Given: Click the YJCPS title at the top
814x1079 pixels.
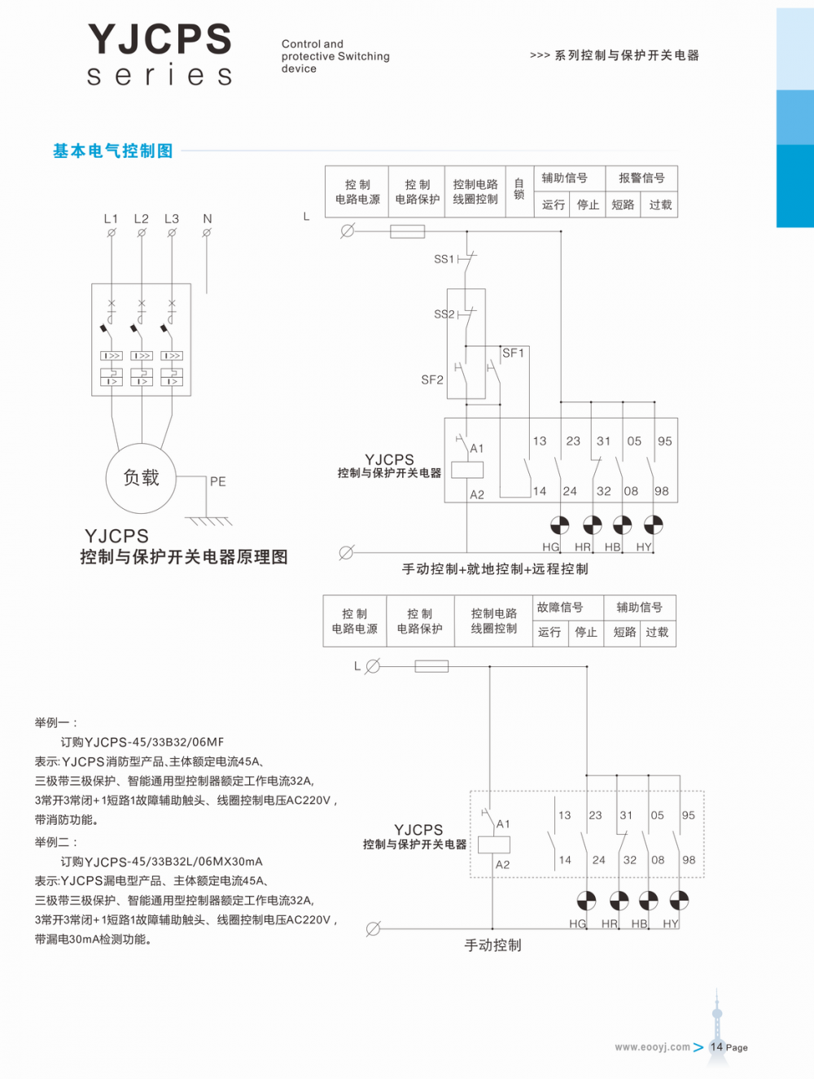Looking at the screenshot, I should [160, 39].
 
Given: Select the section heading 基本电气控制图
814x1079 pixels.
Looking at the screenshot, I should [112, 151].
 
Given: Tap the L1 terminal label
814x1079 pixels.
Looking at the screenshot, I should [111, 218].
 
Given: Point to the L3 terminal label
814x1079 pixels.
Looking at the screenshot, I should [171, 218].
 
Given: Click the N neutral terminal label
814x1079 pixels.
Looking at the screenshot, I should [208, 218].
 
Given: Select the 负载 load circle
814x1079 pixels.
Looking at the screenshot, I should [141, 478].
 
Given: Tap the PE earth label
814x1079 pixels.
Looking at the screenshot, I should [217, 481].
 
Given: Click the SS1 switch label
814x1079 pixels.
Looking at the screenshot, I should [444, 259].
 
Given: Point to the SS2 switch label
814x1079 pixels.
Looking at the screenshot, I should [444, 314].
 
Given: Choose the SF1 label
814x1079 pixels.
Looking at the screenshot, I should [513, 353].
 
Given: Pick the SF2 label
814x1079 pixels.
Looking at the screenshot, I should [432, 379].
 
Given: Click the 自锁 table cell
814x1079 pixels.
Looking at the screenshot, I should [519, 190].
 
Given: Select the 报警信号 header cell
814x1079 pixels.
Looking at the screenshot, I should [641, 178].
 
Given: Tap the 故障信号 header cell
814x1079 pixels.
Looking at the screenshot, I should [559, 607].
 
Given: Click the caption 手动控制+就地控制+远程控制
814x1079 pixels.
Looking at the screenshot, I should [495, 569].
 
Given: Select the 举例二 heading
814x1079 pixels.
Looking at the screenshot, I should [55, 842].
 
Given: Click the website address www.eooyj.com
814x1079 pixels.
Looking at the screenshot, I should [652, 1047].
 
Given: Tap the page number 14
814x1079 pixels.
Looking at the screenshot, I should [716, 1046].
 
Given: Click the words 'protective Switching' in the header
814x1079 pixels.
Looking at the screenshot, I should [335, 56].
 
